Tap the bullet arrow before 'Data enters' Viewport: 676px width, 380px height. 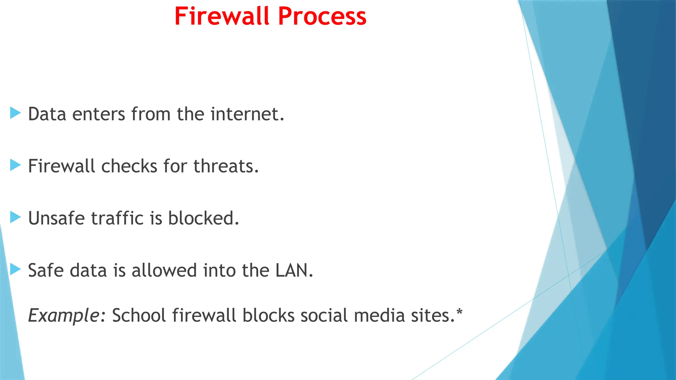tap(15, 113)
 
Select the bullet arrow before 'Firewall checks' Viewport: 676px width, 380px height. tap(15, 165)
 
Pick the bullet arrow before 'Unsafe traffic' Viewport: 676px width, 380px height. tap(15, 217)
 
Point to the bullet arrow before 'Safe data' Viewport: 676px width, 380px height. tap(15, 269)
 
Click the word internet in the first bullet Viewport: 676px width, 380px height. tap(247, 114)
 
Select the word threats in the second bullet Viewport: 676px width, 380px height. tap(225, 166)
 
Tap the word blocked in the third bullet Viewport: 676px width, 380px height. tap(203, 218)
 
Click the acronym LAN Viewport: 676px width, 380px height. tap(294, 270)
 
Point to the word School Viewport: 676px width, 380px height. tap(139, 315)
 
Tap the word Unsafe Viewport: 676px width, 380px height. tap(56, 218)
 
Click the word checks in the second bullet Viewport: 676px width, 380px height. tap(129, 166)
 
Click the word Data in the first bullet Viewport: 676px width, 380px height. tap(47, 114)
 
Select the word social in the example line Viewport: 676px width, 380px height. tap(324, 315)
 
